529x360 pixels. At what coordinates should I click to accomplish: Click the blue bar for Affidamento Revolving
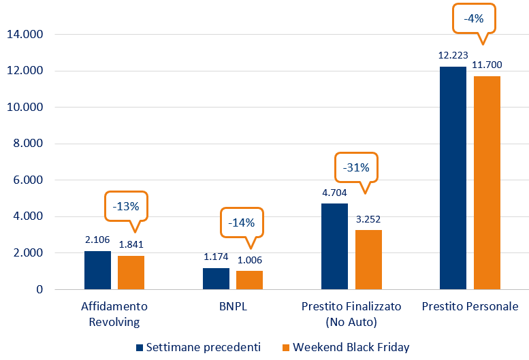pos(97,270)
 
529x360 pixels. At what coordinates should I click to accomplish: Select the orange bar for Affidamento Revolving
pos(131,272)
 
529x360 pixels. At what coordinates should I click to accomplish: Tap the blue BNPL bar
pos(216,278)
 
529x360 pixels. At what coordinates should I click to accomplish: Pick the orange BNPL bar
pos(249,280)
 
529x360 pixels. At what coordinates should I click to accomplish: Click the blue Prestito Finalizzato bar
pos(334,246)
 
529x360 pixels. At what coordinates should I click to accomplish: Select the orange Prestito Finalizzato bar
pos(368,259)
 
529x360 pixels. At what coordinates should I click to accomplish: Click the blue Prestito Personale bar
pos(453,178)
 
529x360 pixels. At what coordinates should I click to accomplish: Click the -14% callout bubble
pos(241,223)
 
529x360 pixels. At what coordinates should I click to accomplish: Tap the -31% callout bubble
pos(355,167)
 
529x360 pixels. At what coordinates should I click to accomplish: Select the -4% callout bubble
pos(474,19)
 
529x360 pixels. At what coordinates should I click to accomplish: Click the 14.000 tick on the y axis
pos(24,34)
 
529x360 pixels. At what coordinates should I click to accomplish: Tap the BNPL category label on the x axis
pos(232,306)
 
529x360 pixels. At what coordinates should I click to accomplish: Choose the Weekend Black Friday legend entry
pos(347,347)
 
